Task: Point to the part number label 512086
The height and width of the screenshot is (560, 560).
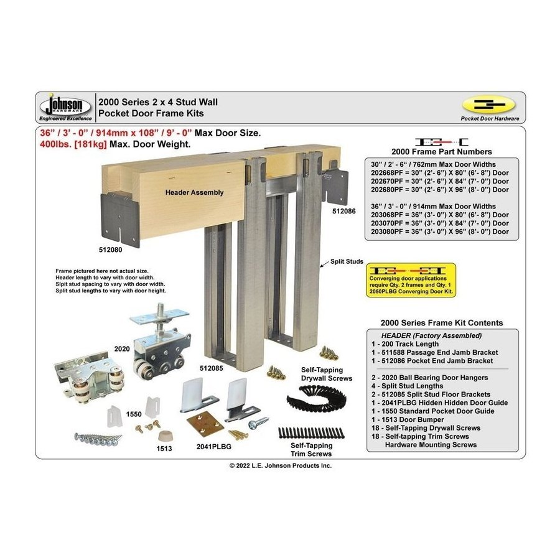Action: pos(343,211)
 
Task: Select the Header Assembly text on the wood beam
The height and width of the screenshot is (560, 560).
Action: pos(194,193)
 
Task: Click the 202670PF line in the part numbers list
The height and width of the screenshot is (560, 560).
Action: pos(439,181)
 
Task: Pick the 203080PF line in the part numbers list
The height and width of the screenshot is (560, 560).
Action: pos(439,231)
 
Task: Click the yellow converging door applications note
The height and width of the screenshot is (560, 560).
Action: pos(411,280)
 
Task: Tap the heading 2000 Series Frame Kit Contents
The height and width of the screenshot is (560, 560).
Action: pos(442,323)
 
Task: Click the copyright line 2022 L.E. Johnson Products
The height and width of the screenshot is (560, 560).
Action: pos(281,465)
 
